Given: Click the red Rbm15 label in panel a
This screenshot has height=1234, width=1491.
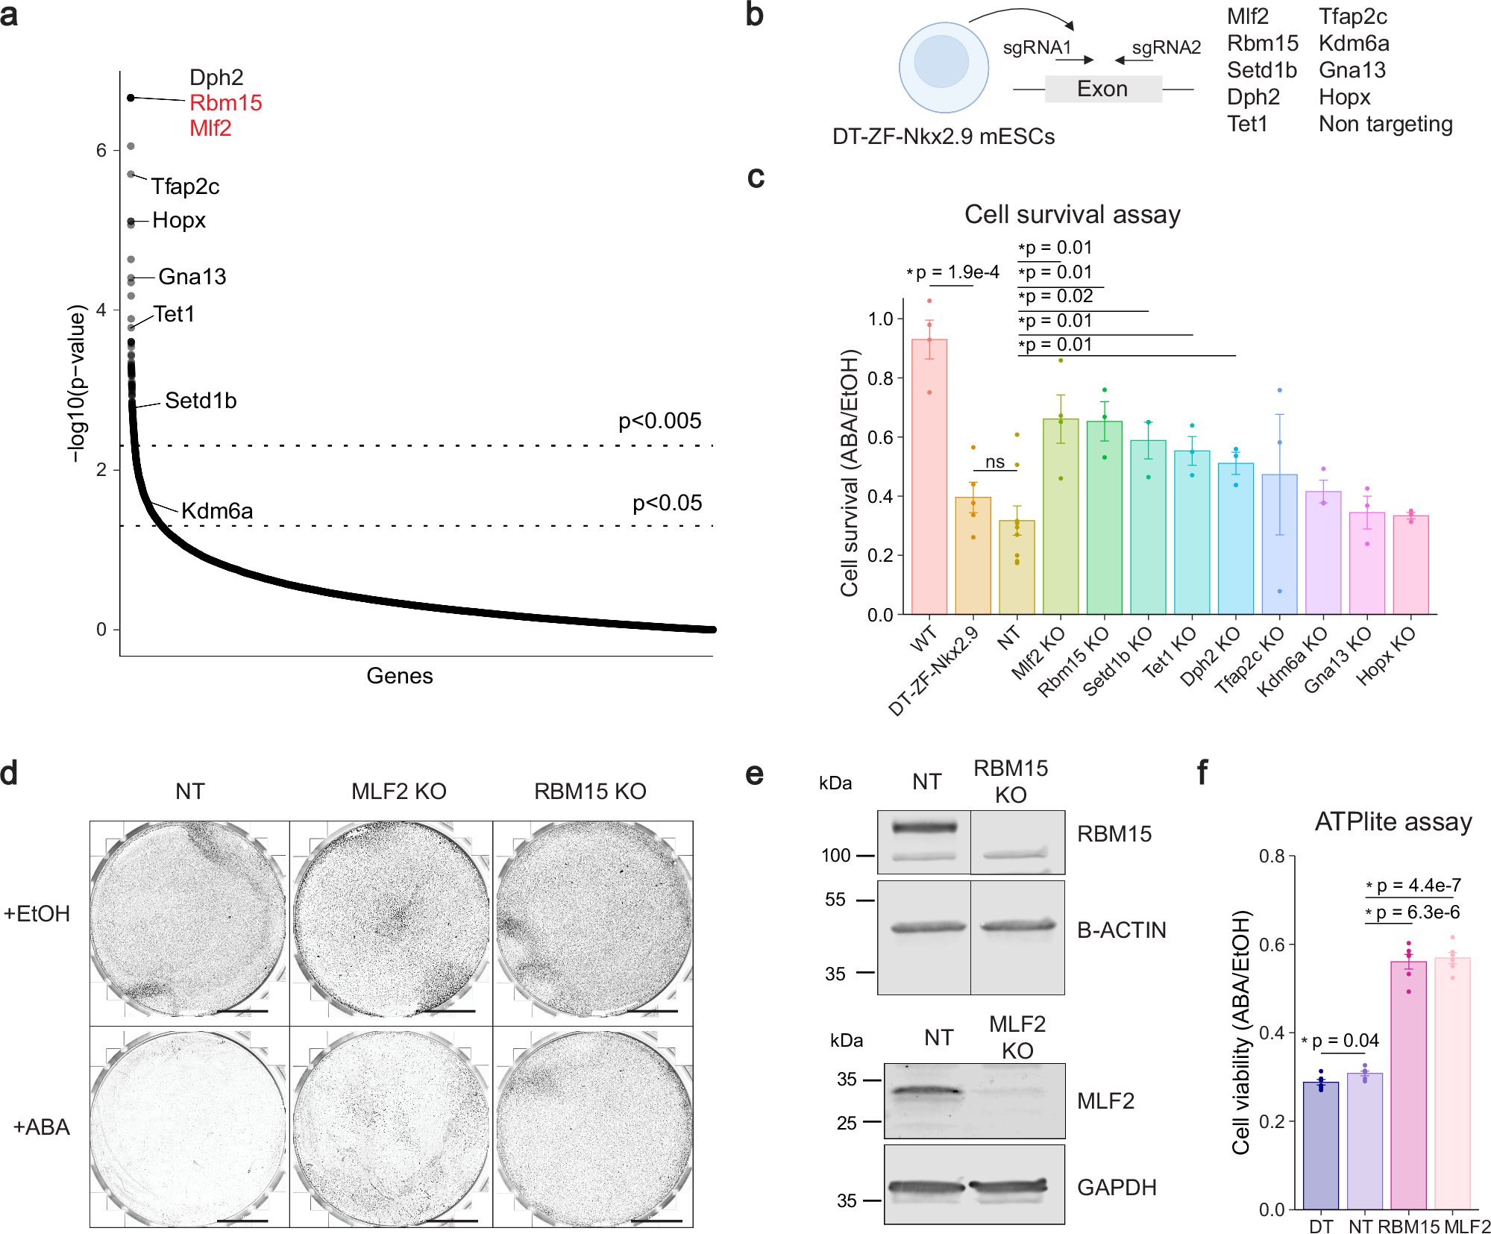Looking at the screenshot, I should point(225,103).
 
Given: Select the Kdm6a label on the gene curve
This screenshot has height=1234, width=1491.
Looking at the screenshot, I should point(217,511).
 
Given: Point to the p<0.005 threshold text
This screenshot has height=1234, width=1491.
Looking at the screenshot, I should point(659,421).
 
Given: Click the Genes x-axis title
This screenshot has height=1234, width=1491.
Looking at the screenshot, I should point(399,676).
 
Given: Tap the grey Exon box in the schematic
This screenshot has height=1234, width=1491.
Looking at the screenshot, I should point(1102,89).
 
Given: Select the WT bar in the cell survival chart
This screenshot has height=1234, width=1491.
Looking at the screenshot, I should point(929,477).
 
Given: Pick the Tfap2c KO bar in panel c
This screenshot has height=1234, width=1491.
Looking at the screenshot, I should point(1279,545).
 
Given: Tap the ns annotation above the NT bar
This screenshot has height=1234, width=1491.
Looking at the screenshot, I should point(994,462).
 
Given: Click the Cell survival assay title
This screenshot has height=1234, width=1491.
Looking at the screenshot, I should point(1072,215).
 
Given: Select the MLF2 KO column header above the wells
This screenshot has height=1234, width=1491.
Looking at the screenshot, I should point(398,792).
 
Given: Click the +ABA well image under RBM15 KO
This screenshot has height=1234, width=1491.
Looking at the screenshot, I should point(593,1127).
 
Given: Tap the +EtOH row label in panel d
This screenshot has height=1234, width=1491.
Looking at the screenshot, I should point(37,914).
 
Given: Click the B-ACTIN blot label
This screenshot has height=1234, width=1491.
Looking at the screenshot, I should point(1121,930).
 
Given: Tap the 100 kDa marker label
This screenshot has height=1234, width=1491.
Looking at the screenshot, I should point(835,856).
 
